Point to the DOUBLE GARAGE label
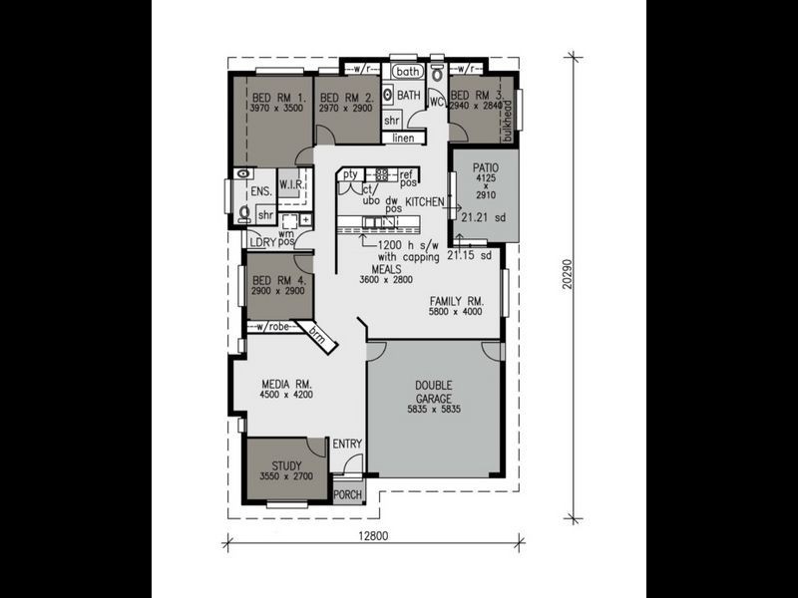coord(433,392)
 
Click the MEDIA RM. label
coord(287,384)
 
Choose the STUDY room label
coord(285,465)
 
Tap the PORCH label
coord(347,494)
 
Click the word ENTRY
coord(347,445)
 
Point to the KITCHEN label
coord(424,201)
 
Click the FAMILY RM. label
coord(456,300)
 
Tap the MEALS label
coord(386,270)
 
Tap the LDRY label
coord(262,242)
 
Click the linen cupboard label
coord(403,138)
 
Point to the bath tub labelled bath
coord(407,72)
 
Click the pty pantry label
coord(350,174)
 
